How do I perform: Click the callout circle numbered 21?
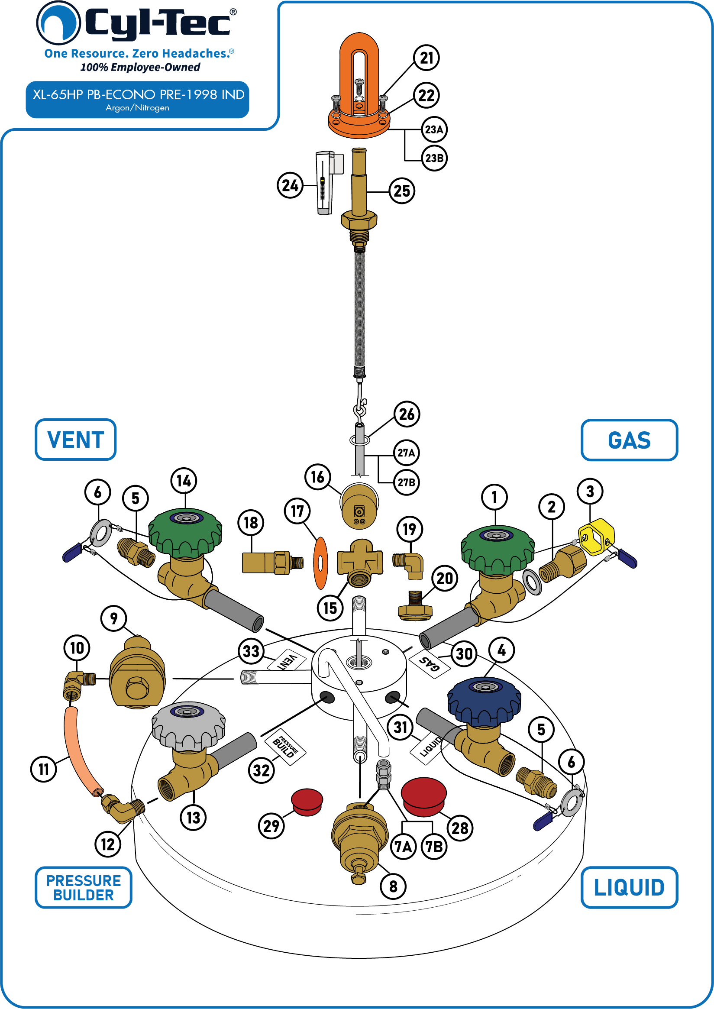[x=426, y=58]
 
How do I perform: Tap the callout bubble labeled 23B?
[x=434, y=158]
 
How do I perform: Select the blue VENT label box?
[x=76, y=440]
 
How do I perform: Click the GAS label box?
[x=629, y=440]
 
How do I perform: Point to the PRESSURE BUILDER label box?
[x=84, y=888]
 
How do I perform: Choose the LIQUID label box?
[x=629, y=887]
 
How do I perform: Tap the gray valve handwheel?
[x=189, y=726]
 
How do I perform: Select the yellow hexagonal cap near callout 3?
[x=596, y=537]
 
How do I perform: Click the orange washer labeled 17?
[x=320, y=563]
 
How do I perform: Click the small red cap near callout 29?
[x=307, y=802]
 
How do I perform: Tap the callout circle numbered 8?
[x=393, y=886]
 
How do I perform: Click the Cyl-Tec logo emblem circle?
[x=58, y=23]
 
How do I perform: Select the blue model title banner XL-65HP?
[x=138, y=99]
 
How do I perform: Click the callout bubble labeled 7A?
[x=403, y=847]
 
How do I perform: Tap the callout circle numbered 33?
[x=251, y=651]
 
